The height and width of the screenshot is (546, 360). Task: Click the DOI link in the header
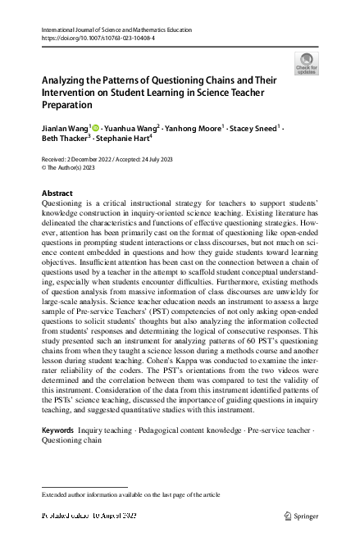[x=93, y=38]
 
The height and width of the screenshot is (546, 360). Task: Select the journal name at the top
[x=116, y=30]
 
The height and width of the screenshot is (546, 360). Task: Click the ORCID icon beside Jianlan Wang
[x=97, y=129]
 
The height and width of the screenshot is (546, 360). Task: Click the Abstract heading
[x=57, y=193]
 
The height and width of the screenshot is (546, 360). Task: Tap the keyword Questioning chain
[x=71, y=440]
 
